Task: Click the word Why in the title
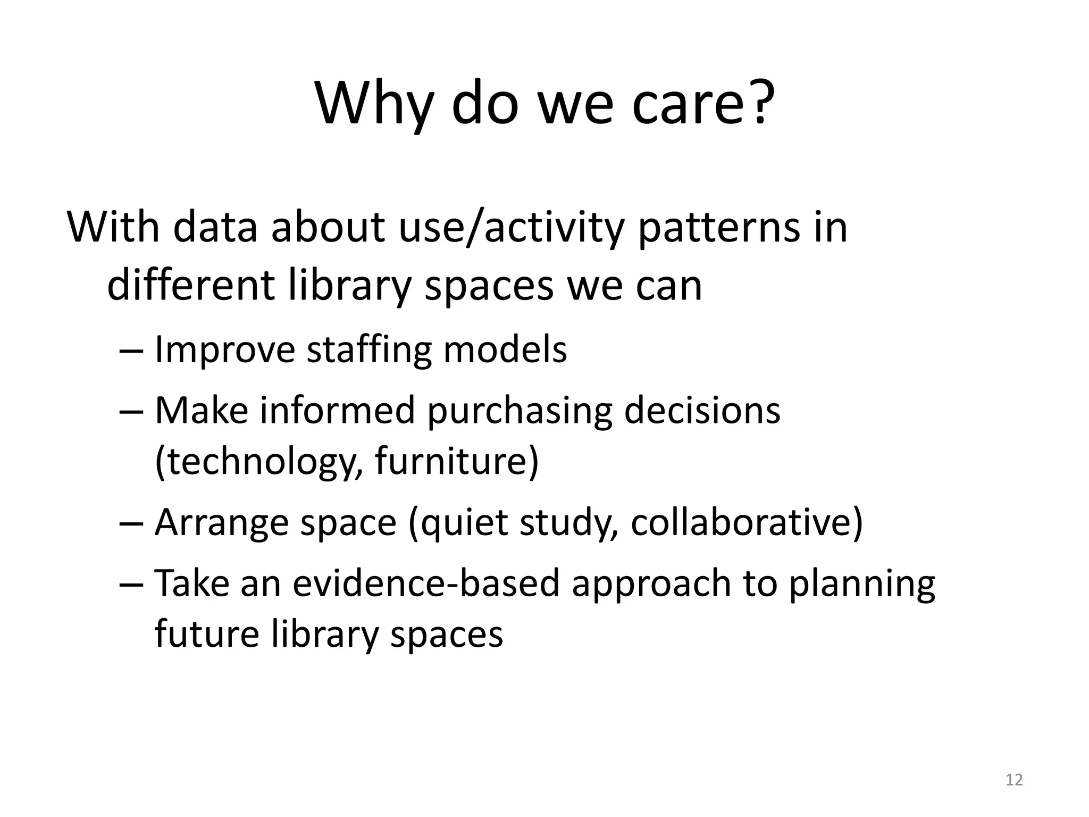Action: [372, 104]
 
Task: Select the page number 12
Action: [1014, 780]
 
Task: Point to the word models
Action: [505, 350]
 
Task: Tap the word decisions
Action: [701, 411]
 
